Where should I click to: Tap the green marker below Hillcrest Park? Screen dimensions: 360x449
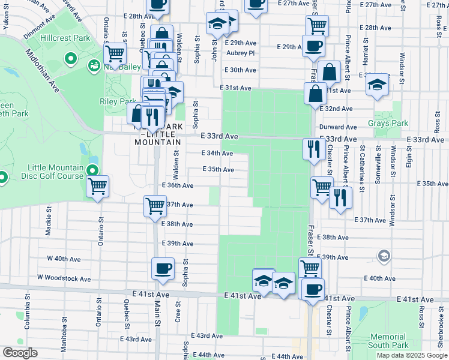(70, 59)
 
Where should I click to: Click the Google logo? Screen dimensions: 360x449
(20, 353)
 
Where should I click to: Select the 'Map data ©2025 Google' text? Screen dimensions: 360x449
(412, 355)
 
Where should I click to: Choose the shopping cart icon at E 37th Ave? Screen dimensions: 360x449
(155, 206)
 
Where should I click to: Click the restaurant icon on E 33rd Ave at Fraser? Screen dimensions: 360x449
(313, 148)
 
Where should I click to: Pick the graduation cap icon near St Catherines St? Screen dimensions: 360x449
(378, 85)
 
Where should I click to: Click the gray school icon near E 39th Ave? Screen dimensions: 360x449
(383, 257)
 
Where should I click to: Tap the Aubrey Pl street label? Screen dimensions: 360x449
(240, 52)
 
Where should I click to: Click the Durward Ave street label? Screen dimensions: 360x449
(338, 127)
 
